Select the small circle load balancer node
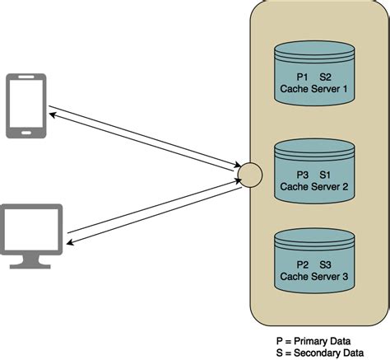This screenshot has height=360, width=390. (249, 175)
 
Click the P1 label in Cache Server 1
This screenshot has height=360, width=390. (302, 77)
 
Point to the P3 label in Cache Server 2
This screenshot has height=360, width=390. (302, 175)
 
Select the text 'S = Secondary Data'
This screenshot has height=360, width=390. (320, 351)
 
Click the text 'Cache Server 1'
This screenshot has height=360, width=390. (316, 89)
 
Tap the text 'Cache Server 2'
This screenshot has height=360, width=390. (316, 187)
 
